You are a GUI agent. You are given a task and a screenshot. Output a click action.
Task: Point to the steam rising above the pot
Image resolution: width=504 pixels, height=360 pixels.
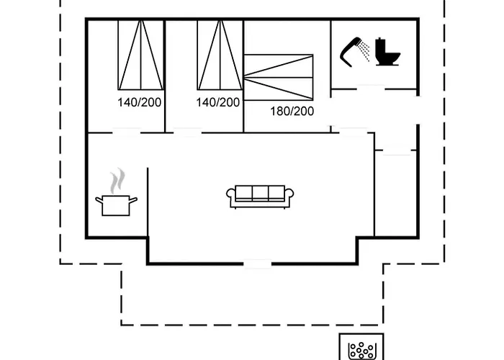(x=118, y=179)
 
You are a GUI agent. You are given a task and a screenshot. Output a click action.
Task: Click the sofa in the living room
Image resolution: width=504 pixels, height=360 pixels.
(x=260, y=196)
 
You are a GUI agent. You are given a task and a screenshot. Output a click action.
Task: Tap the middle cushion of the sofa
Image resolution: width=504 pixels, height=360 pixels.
(x=260, y=193)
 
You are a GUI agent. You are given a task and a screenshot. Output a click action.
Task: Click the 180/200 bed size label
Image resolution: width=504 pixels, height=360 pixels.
(x=292, y=111)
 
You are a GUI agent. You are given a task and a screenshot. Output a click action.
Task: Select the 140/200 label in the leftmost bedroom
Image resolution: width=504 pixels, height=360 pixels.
(x=139, y=102)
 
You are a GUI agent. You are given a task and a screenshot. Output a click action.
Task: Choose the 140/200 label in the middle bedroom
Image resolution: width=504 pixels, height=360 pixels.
(x=217, y=102)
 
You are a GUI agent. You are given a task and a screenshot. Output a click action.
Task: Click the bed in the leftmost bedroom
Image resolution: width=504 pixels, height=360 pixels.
(x=140, y=55)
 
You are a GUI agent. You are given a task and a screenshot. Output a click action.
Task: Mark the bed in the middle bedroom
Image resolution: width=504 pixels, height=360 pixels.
(x=218, y=55)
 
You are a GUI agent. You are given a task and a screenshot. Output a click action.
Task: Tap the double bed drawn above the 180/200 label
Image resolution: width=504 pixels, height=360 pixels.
(x=279, y=76)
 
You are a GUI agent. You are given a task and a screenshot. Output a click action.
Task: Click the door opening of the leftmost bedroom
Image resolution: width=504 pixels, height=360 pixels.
(x=126, y=132)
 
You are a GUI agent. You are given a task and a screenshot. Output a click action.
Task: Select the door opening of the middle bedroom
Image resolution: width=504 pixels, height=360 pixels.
(x=186, y=132)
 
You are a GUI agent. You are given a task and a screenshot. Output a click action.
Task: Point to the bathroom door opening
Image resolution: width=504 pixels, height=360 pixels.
(x=370, y=89)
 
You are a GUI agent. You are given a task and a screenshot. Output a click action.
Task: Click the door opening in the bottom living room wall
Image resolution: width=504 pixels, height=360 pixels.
(x=258, y=264)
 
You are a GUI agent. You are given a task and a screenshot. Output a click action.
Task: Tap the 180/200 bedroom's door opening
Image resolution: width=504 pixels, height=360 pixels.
(x=354, y=131)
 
